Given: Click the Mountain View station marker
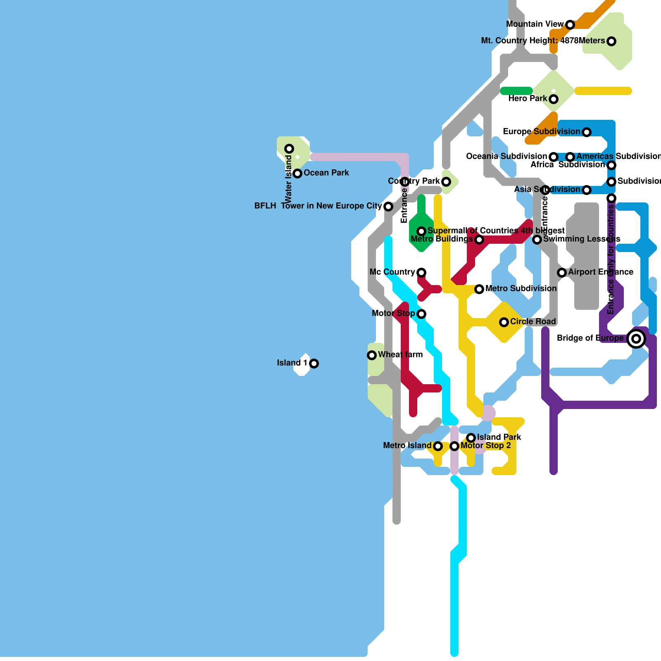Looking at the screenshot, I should pyautogui.click(x=570, y=25).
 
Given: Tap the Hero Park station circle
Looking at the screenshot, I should pyautogui.click(x=554, y=99).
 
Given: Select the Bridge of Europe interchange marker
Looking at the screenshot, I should pyautogui.click(x=636, y=339).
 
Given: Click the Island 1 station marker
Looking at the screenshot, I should pyautogui.click(x=314, y=364).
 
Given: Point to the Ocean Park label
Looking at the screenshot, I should pyautogui.click(x=326, y=173).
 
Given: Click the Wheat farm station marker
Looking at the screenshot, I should pyautogui.click(x=372, y=355).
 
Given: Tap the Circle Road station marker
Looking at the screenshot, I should pyautogui.click(x=504, y=322).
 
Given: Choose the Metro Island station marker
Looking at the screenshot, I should pyautogui.click(x=438, y=446).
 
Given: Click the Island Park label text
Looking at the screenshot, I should pyautogui.click(x=499, y=437).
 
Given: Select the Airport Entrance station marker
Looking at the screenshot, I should pyautogui.click(x=562, y=273).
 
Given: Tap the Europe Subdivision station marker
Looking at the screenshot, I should pyautogui.click(x=587, y=132).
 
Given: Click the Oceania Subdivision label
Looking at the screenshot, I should pyautogui.click(x=506, y=156).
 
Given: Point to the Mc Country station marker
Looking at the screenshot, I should pyautogui.click(x=421, y=273).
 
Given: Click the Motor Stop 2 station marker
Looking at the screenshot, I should pyautogui.click(x=454, y=446).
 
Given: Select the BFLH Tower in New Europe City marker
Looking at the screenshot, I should pyautogui.click(x=388, y=207).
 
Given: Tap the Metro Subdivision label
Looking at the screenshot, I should pyautogui.click(x=521, y=288).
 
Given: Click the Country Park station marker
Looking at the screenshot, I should pyautogui.click(x=446, y=182).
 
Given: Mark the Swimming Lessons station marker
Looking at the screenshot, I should pyautogui.click(x=537, y=240).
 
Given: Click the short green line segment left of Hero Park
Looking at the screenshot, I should pyautogui.click(x=516, y=91).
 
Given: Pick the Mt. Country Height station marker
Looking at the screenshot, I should pyautogui.click(x=611, y=41).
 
